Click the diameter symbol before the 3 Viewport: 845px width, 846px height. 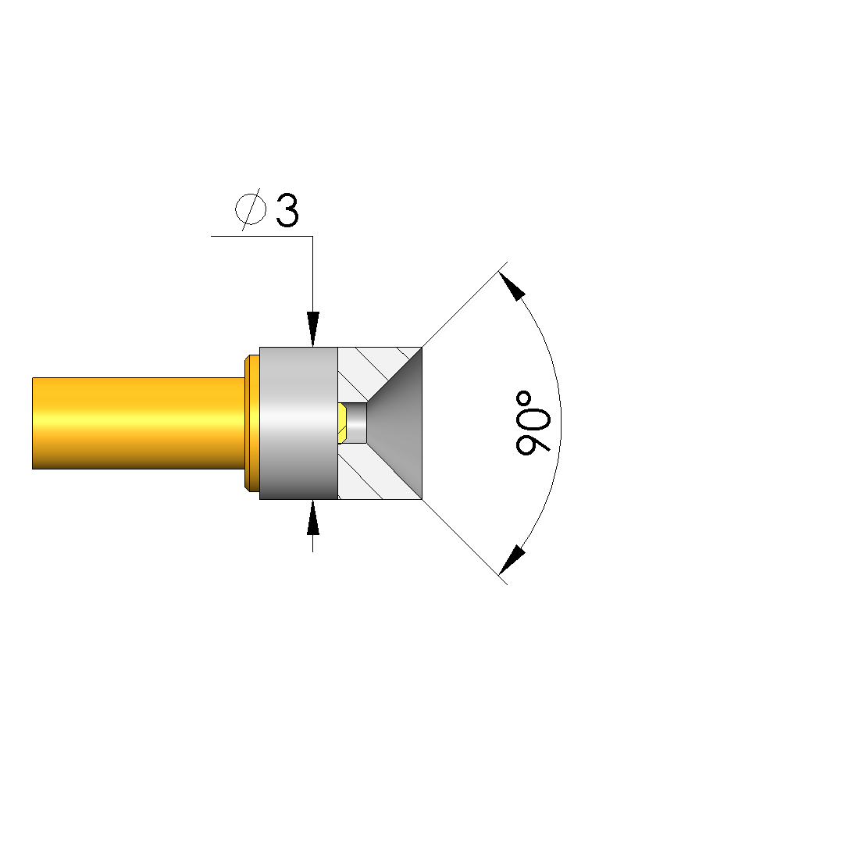click(x=251, y=209)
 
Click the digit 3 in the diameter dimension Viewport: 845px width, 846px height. click(x=287, y=210)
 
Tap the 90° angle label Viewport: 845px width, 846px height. click(x=533, y=423)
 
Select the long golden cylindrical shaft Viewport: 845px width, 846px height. click(x=138, y=423)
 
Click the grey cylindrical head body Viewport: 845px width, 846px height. click(x=299, y=423)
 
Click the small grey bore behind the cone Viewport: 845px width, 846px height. click(x=356, y=423)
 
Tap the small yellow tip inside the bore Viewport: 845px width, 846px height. click(x=342, y=423)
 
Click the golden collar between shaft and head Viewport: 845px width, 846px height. click(x=251, y=423)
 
